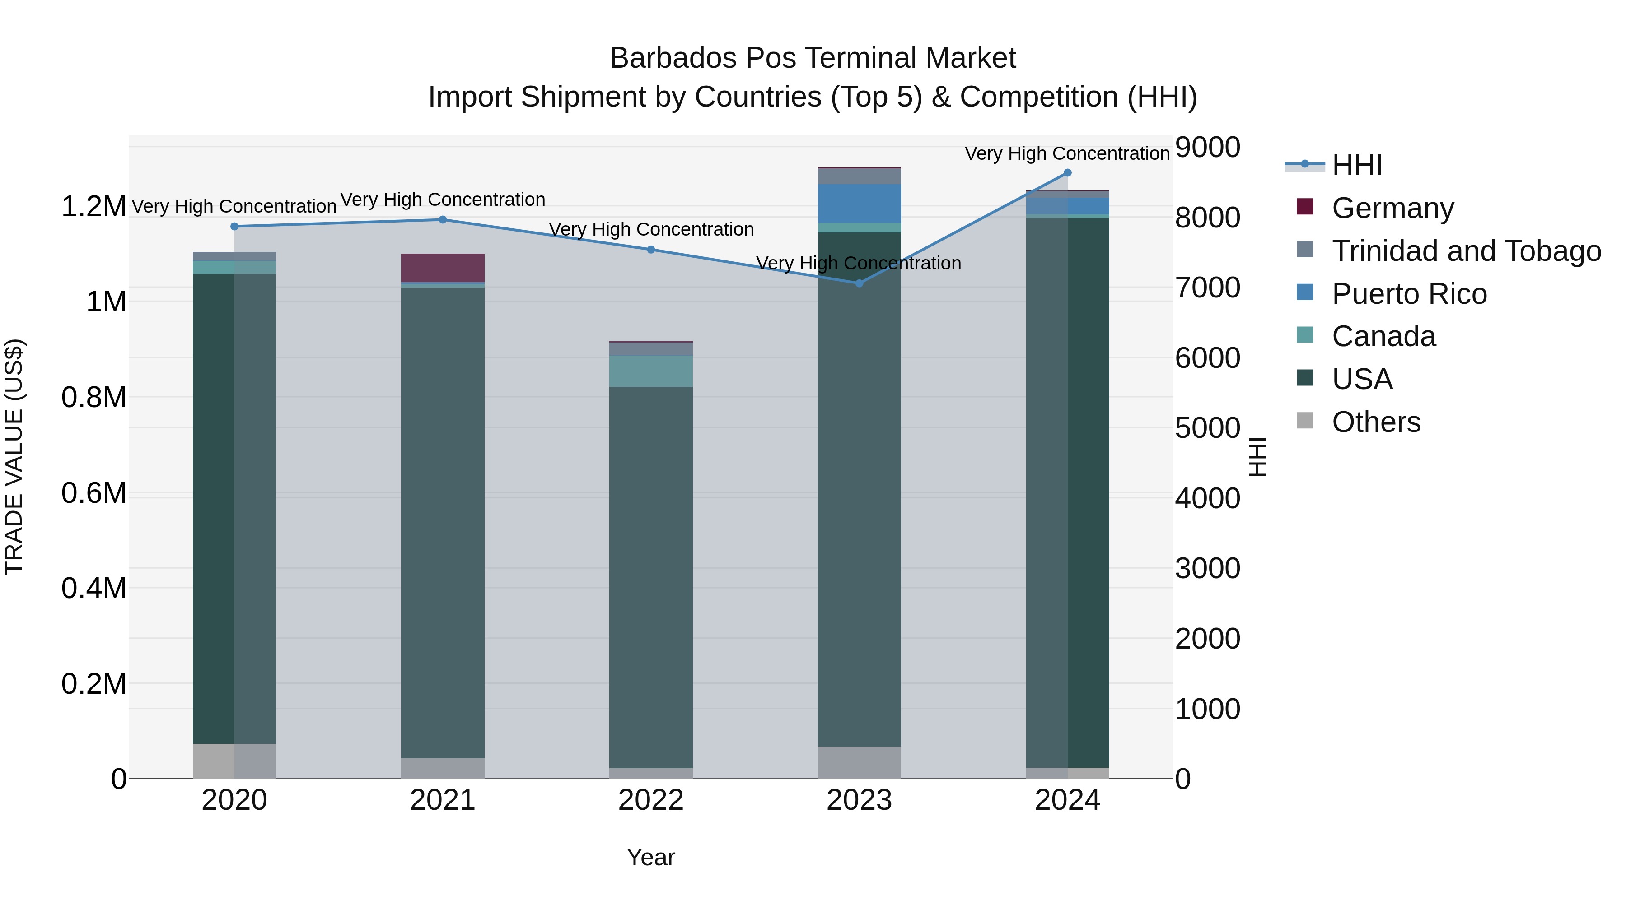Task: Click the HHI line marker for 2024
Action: point(1067,173)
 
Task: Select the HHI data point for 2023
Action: point(859,283)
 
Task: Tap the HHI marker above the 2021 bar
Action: point(443,219)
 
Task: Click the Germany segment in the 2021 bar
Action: point(443,268)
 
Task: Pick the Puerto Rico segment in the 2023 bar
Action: point(859,203)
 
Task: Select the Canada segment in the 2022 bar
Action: point(651,371)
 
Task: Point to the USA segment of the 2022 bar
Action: point(651,577)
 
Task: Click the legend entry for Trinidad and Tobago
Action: point(1466,251)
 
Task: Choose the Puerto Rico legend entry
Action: point(1409,294)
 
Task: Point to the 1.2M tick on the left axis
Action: point(93,207)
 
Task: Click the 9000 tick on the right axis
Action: point(1207,148)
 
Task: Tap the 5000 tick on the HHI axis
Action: point(1207,428)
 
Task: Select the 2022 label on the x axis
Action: point(651,800)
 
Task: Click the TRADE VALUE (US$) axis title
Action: point(14,457)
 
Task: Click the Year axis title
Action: point(651,857)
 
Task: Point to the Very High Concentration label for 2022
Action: point(651,230)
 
